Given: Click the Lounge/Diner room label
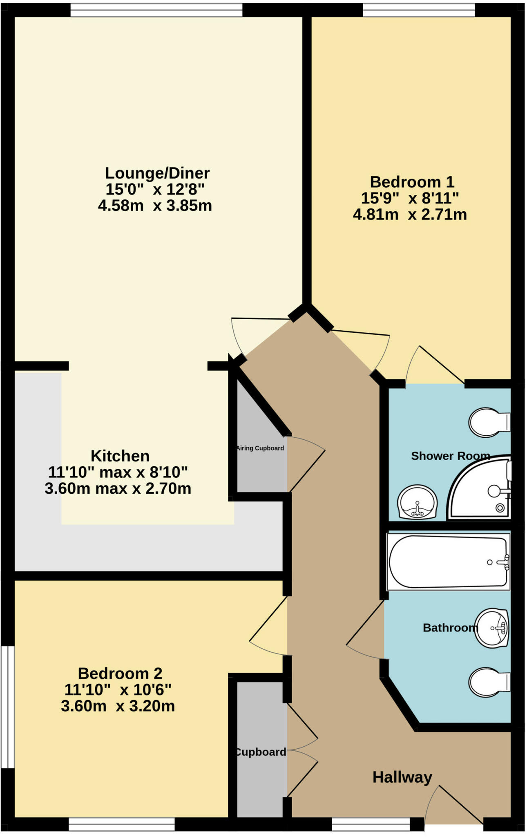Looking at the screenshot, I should (x=157, y=173).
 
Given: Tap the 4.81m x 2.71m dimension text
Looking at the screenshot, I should (x=410, y=215).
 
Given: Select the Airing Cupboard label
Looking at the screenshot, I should (x=260, y=448).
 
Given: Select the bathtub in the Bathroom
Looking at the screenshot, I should (x=448, y=562).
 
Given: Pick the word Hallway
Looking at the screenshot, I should (x=402, y=777).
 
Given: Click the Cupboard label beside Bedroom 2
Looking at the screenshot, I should (x=261, y=752).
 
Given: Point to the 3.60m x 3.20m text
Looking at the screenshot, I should (x=118, y=706).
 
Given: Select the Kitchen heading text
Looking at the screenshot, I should (x=120, y=456).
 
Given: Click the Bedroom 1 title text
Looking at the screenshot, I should (x=412, y=182).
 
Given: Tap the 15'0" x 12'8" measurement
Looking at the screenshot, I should (x=155, y=190).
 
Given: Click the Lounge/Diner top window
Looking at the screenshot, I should (x=156, y=10).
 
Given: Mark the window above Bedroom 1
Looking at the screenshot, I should (x=419, y=10).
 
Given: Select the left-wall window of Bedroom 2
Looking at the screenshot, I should (x=7, y=707).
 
